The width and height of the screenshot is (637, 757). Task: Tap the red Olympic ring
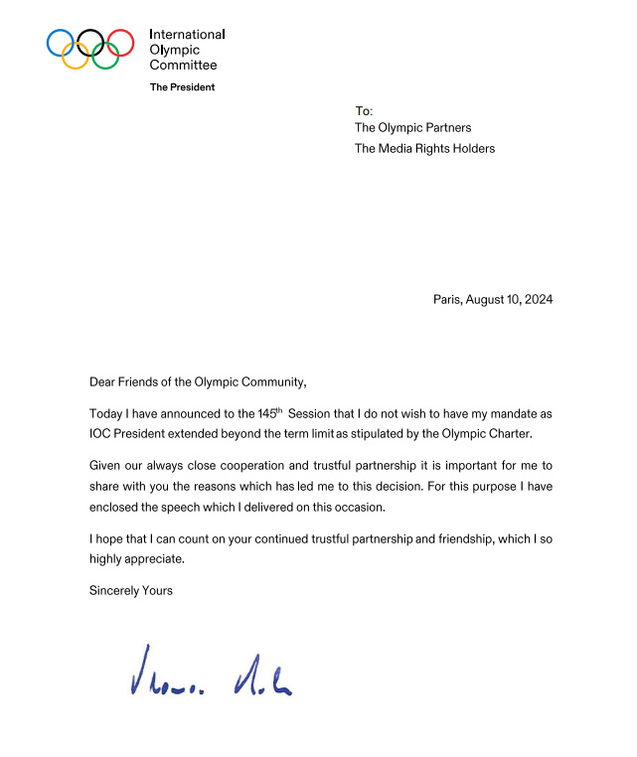coord(120,43)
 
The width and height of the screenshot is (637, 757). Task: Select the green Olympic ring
coord(105,57)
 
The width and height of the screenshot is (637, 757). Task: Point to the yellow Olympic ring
coord(76,57)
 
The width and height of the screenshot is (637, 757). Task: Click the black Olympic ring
coord(90,43)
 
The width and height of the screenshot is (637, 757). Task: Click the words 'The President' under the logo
coord(182,87)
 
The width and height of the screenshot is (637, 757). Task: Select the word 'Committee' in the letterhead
coord(183,65)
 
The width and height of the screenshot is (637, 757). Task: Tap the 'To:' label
coord(364,110)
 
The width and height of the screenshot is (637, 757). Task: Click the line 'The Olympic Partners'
coord(412,128)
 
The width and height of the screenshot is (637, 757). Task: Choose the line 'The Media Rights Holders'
coord(424,149)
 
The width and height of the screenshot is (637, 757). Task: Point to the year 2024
coord(538,299)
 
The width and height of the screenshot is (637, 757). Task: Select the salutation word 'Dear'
coord(103,381)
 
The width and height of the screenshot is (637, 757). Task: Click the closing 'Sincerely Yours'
coord(131,591)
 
